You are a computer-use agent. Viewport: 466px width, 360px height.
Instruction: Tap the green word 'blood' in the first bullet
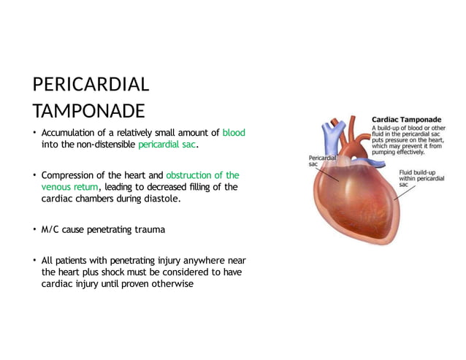(x=234, y=133)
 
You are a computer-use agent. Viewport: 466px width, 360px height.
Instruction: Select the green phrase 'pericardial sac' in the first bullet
(x=167, y=145)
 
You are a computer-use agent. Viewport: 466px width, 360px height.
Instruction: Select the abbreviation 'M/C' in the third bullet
(x=50, y=229)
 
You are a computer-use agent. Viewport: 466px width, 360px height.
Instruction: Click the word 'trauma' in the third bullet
(x=148, y=229)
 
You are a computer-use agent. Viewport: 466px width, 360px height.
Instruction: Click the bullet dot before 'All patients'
(x=34, y=261)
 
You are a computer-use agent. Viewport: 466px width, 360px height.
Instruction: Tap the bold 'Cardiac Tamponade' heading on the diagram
(x=407, y=118)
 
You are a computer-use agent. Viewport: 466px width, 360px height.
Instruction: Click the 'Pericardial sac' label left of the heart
(x=321, y=160)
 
